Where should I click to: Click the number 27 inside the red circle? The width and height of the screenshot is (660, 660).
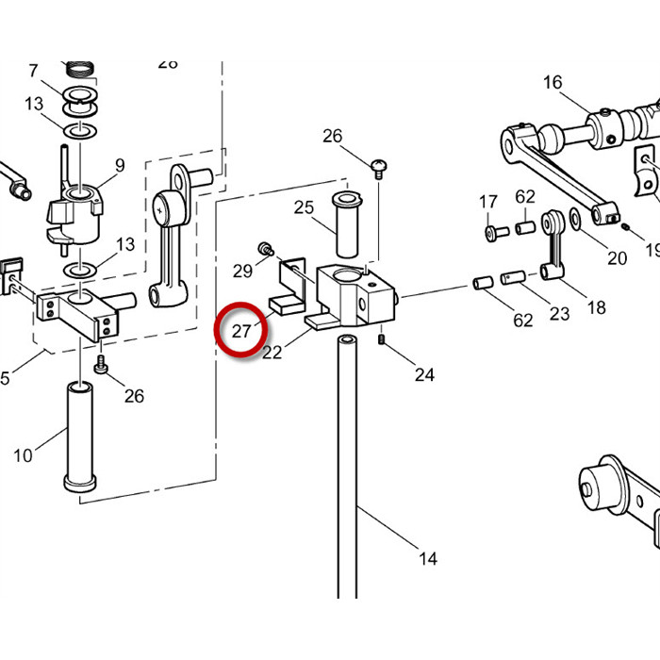[241, 331]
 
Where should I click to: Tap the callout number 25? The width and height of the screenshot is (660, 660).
[304, 207]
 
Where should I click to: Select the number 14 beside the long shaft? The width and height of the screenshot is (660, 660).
[428, 558]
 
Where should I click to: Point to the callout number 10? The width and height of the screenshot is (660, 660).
[23, 455]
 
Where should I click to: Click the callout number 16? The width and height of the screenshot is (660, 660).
[552, 82]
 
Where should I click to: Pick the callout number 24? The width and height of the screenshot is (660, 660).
[424, 374]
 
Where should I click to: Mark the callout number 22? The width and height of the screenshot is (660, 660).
[272, 353]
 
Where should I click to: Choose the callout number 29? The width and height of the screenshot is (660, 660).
[242, 272]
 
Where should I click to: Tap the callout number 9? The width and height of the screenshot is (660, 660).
[120, 165]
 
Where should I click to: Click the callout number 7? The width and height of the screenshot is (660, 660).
[33, 70]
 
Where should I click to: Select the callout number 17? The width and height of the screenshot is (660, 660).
[487, 202]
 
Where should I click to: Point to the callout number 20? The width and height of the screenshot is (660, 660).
[617, 258]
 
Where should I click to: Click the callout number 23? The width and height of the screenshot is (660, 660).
[559, 313]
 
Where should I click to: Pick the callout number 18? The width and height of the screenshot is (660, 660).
[596, 307]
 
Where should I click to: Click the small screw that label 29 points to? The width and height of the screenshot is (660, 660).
[267, 249]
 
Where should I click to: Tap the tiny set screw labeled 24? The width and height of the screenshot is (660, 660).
[382, 339]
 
